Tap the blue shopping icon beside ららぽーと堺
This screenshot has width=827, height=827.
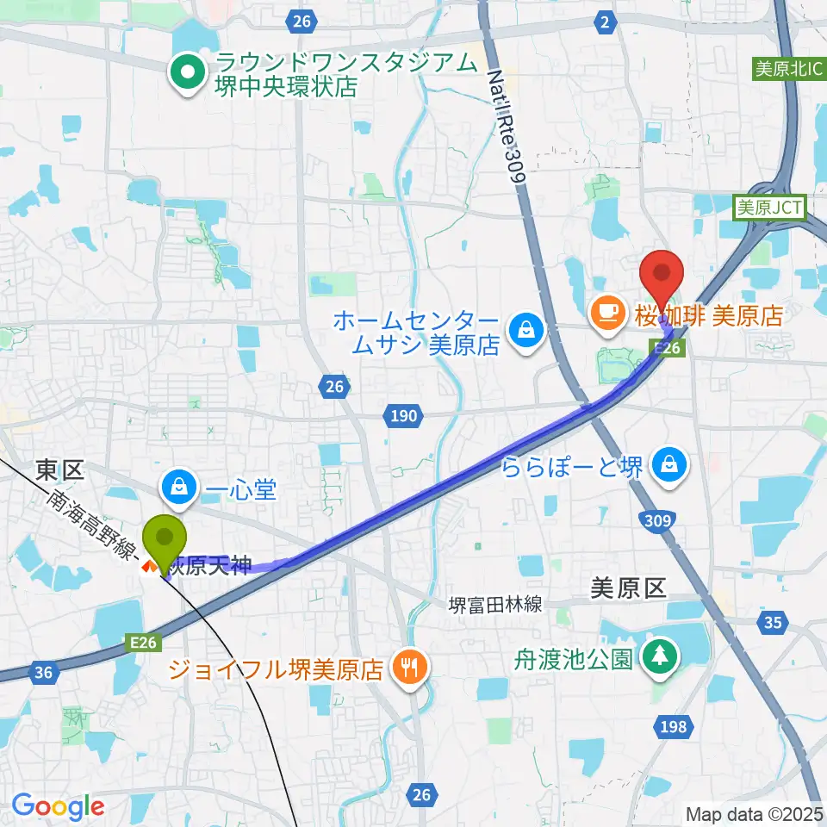click(668, 465)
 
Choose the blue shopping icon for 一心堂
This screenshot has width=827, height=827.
click(178, 487)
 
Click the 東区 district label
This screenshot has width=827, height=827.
click(59, 469)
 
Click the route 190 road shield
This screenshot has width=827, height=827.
click(401, 417)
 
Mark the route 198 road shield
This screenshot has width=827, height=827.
click(675, 727)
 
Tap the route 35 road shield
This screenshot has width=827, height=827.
click(773, 621)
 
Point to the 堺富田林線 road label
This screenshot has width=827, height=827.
click(494, 605)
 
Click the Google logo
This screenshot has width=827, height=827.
click(58, 806)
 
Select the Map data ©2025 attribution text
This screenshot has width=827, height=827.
click(755, 813)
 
